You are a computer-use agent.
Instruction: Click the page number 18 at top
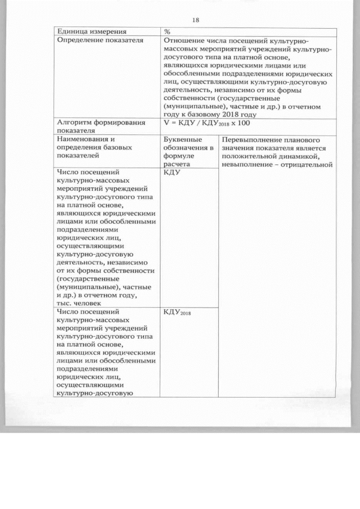[195, 21]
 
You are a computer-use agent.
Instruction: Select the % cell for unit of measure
[167, 31]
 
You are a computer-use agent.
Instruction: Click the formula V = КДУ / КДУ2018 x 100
[206, 122]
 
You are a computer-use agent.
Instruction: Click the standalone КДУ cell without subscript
[171, 173]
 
